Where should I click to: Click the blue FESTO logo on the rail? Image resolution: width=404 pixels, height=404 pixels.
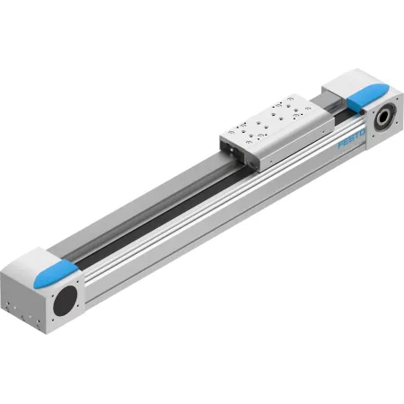click(x=351, y=138)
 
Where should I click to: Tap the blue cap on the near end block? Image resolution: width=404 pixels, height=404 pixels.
click(x=56, y=273)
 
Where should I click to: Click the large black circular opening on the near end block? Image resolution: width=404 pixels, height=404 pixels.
click(x=66, y=301)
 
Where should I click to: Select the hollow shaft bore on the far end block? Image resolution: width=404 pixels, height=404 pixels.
click(x=383, y=118)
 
